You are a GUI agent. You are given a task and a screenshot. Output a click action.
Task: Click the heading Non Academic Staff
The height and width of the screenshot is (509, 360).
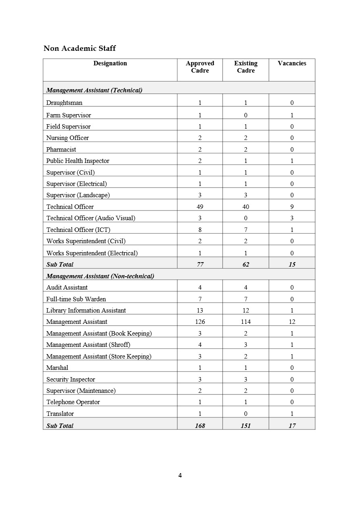79,48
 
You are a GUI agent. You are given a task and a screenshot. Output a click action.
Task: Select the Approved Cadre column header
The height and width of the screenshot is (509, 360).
200,67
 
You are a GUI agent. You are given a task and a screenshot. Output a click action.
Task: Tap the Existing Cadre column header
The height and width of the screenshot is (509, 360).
246,67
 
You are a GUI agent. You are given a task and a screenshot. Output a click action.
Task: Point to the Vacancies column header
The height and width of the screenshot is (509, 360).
292,63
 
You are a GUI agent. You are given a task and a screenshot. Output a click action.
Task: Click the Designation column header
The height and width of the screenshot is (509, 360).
110,63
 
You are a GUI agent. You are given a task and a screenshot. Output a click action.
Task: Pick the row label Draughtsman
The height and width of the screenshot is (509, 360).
64,103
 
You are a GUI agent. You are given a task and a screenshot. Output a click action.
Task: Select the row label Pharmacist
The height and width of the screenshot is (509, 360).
61,149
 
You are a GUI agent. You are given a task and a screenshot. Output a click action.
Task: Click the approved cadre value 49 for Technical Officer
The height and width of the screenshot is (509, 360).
200,207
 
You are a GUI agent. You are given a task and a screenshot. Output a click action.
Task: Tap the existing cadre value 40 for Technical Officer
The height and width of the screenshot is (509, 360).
246,207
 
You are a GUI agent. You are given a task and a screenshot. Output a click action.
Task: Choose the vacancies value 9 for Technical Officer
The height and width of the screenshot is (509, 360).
292,207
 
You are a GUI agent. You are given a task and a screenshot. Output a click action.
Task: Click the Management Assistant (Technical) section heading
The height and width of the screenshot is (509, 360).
94,90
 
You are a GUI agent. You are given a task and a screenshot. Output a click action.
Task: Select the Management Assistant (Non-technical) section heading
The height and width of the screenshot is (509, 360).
100,276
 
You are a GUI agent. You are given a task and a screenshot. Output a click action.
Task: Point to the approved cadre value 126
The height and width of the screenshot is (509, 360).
200,322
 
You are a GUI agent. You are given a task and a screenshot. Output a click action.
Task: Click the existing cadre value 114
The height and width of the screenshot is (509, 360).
246,322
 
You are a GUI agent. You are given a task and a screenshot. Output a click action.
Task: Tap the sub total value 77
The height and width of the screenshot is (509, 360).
200,265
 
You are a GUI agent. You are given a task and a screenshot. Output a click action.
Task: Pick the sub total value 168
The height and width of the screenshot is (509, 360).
200,426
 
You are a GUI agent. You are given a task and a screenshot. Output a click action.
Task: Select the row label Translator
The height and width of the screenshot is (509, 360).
60,414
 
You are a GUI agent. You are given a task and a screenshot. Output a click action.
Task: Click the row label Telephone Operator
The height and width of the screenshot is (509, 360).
73,402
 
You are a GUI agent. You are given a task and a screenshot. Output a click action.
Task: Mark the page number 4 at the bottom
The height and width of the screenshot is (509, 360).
180,476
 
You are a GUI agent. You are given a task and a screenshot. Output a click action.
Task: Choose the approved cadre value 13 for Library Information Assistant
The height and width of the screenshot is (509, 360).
200,311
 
